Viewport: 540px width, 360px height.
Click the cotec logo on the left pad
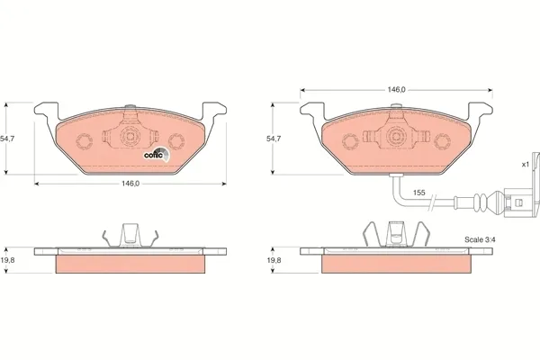(157, 155)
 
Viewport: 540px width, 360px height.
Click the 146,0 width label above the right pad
(396, 90)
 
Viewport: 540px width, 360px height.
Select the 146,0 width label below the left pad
(130, 184)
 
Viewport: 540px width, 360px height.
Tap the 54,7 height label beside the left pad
(7, 139)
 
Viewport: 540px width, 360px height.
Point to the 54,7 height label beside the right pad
(274, 139)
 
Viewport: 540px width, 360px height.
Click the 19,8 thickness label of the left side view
(7, 260)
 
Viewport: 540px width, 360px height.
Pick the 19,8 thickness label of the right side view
(274, 260)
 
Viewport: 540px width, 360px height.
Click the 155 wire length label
(418, 193)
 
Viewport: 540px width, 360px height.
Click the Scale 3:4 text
(480, 239)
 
